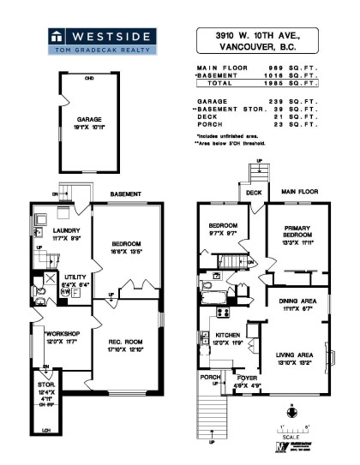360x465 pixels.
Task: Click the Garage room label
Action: pos(91,123)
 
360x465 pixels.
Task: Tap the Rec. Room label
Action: pos(125,323)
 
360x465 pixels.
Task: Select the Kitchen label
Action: pos(226,337)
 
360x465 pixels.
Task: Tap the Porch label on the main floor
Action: pos(210,376)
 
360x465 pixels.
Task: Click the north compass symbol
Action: pos(293,412)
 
